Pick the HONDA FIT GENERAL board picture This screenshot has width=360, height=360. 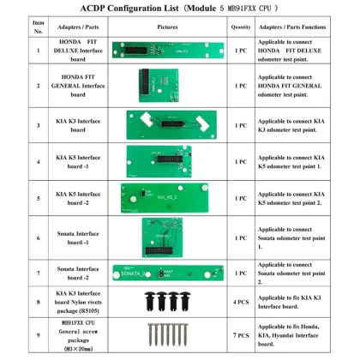[x=166, y=86]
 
